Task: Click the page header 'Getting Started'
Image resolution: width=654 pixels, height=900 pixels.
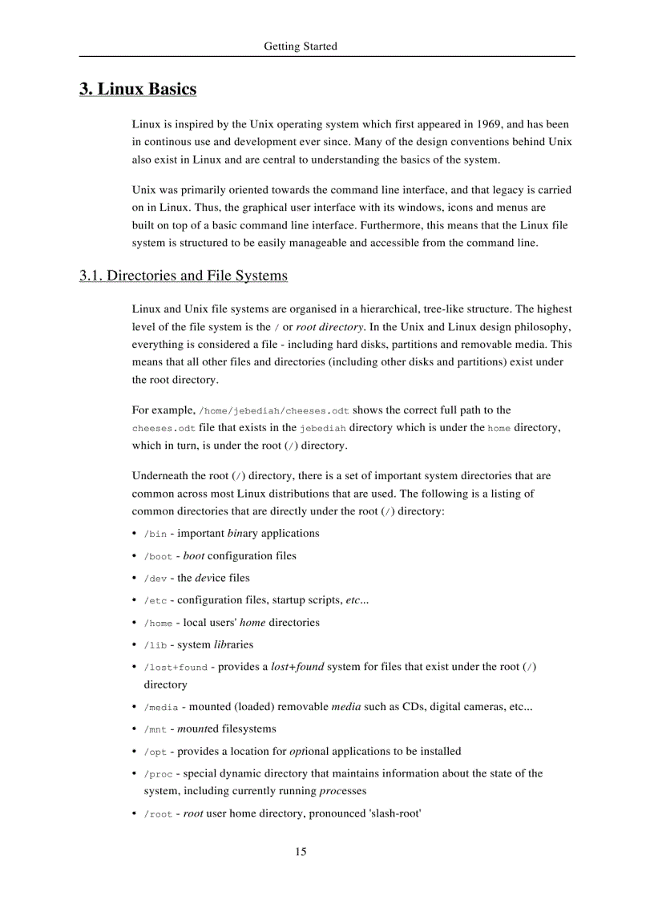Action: click(301, 46)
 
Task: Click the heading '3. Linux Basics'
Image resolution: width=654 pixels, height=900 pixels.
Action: click(138, 89)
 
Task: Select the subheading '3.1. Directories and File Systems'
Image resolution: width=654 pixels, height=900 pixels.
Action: click(183, 276)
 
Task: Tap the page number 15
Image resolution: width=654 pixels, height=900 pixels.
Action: click(301, 851)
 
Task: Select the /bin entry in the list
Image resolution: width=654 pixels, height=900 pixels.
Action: click(155, 535)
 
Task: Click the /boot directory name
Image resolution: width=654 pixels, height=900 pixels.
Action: click(158, 557)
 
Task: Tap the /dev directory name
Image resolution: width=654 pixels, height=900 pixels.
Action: click(155, 579)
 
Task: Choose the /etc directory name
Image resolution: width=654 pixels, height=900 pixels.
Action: click(155, 601)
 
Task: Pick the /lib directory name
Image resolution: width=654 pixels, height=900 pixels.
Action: click(155, 646)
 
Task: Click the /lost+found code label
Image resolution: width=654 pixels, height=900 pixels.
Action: click(175, 668)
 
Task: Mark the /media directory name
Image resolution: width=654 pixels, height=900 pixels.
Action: click(161, 708)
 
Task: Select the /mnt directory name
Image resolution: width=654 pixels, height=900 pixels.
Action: click(155, 730)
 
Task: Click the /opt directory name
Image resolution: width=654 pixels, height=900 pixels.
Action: click(155, 753)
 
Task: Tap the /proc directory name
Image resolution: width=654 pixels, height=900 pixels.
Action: click(158, 775)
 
